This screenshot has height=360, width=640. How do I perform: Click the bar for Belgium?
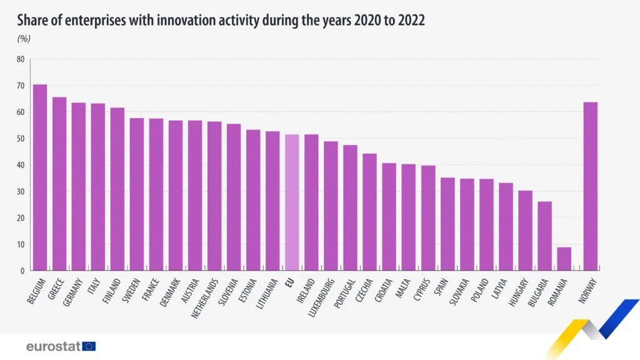pyautogui.click(x=40, y=177)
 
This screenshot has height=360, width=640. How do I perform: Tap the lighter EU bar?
pyautogui.click(x=292, y=202)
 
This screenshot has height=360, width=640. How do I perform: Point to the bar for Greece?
pyautogui.click(x=59, y=184)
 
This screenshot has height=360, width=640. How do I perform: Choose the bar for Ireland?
pyautogui.click(x=311, y=202)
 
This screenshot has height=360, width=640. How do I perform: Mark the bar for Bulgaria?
pyautogui.click(x=544, y=236)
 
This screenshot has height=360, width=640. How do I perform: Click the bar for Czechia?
pyautogui.click(x=369, y=212)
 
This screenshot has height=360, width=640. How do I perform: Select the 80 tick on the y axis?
pyautogui.click(x=21, y=59)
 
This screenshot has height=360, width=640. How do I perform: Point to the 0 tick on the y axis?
pyautogui.click(x=22, y=271)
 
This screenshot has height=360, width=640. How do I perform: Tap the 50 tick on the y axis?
pyautogui.click(x=21, y=139)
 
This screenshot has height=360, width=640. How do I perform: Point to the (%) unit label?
pyautogui.click(x=24, y=39)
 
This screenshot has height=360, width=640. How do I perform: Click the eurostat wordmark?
pyautogui.click(x=53, y=346)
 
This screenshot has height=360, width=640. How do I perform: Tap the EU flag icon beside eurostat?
pyautogui.click(x=89, y=346)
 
